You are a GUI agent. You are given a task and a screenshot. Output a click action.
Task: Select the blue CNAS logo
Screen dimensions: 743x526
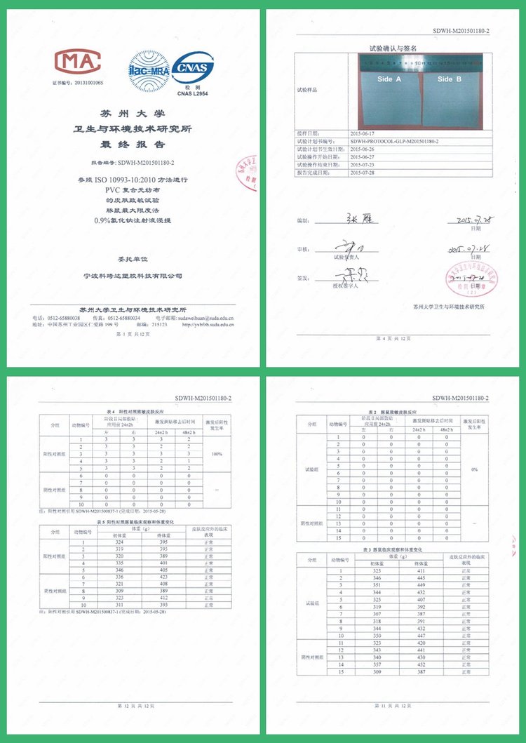point(194,68)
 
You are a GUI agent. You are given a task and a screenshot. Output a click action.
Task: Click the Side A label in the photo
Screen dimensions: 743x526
point(389,79)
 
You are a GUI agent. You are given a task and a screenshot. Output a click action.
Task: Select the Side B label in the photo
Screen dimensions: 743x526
point(450,79)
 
